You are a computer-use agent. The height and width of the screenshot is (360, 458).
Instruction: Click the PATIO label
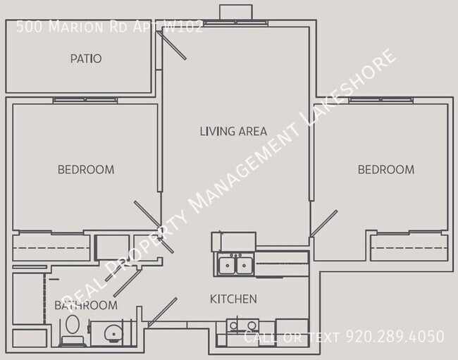point(86,58)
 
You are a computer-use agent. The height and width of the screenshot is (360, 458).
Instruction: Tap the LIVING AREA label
point(233,131)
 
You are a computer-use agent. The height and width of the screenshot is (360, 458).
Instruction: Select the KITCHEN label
point(233,299)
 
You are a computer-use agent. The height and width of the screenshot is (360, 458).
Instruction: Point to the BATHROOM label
point(86,306)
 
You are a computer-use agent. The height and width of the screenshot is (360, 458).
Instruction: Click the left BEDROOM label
point(86,170)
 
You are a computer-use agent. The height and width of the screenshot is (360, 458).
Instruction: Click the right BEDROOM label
point(386,170)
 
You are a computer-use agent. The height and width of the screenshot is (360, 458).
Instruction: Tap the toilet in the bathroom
point(73,330)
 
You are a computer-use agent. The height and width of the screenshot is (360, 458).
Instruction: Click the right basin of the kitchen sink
point(245,266)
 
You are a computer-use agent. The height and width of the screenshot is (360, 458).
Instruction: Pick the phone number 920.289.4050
point(395,336)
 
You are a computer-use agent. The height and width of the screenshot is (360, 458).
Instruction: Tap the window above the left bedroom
point(85,100)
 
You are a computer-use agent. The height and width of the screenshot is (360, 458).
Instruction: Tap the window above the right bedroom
point(381,100)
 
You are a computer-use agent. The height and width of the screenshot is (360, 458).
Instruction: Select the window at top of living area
point(235,23)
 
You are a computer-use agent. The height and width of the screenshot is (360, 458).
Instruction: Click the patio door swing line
point(173,45)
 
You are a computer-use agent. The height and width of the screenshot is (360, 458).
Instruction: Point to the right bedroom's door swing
point(324,223)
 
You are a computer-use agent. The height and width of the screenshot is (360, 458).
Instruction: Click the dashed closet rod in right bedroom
point(409,248)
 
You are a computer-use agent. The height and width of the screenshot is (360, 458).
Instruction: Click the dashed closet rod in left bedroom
point(51,248)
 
